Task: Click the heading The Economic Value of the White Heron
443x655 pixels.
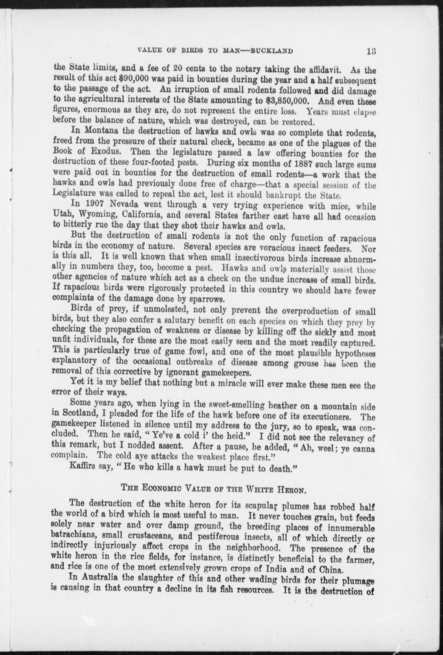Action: click(213, 497)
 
